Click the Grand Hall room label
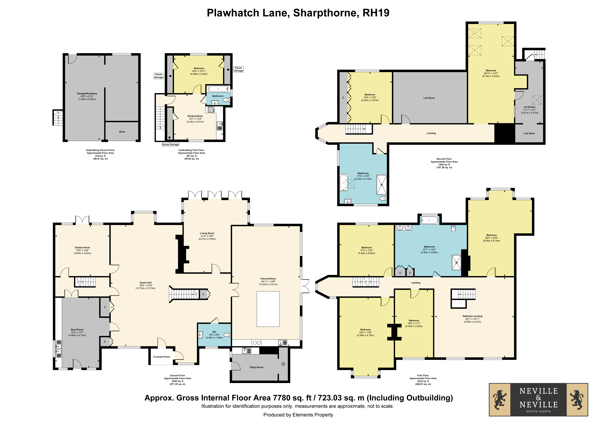(x=145, y=283)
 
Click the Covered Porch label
(x=161, y=357)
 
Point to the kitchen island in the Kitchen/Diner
(x=268, y=309)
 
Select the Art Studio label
(x=529, y=107)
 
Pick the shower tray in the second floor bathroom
(x=382, y=185)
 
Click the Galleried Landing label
(x=472, y=316)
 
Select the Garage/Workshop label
(x=87, y=93)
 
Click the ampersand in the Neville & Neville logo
(x=538, y=398)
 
